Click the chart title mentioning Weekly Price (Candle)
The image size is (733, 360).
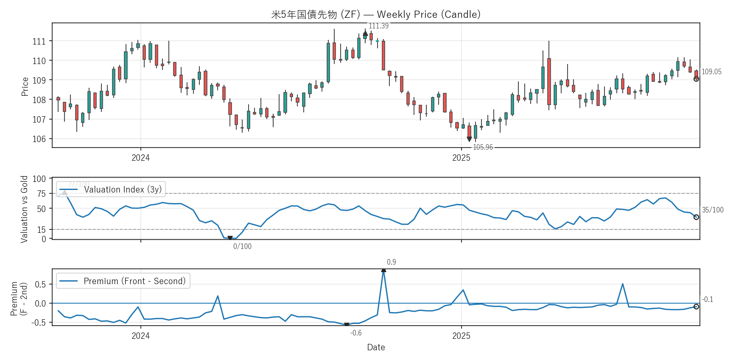click(376, 14)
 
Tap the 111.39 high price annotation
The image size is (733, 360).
click(378, 26)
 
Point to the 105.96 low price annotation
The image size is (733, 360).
click(483, 147)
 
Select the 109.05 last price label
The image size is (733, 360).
click(711, 72)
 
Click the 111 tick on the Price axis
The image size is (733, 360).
click(39, 42)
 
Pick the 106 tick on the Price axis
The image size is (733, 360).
click(39, 139)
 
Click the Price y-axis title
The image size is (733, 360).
click(25, 87)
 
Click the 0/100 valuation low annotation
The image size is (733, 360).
click(242, 246)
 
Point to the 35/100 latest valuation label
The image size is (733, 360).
click(713, 210)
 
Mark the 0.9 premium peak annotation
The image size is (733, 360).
click(391, 262)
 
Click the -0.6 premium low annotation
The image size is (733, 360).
click(356, 333)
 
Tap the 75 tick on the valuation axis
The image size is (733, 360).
click(41, 194)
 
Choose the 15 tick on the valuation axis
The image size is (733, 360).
click(41, 230)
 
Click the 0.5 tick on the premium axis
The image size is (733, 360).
click(40, 285)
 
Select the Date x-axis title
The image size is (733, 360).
click(376, 347)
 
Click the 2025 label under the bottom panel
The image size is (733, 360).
click(461, 336)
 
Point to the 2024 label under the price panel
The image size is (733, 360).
click(140, 158)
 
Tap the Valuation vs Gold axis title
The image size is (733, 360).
click(24, 209)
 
